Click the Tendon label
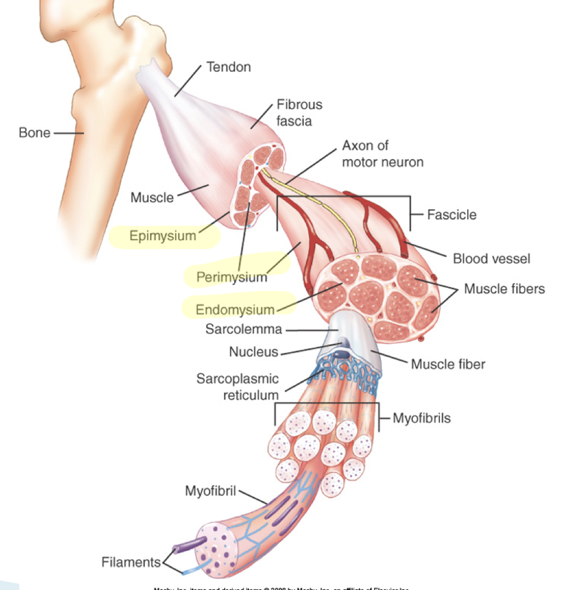[x=229, y=68]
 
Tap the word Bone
[x=34, y=133]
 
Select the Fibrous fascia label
[x=299, y=112]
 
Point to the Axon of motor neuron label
[x=382, y=154]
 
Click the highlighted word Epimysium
[x=163, y=236]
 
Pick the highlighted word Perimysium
[x=231, y=277]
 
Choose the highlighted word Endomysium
[x=235, y=309]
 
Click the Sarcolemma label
[x=243, y=329]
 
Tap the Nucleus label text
[x=253, y=352]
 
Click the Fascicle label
[x=451, y=215]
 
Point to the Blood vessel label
[x=492, y=259]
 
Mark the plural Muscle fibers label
[x=504, y=289]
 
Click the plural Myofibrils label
[x=421, y=418]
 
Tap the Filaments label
[x=131, y=561]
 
